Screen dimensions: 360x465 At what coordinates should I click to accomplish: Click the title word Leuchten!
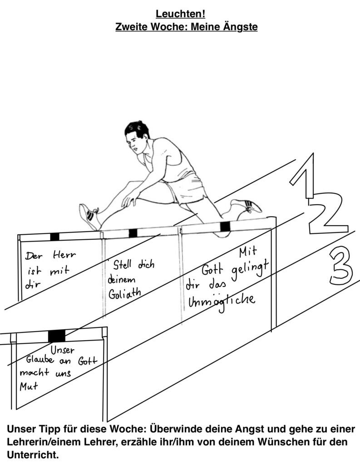(x=180, y=14)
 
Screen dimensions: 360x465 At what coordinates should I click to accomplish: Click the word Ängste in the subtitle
(x=240, y=27)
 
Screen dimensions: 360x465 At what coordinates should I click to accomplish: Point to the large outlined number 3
(x=341, y=265)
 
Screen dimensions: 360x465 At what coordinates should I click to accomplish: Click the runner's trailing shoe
(x=246, y=206)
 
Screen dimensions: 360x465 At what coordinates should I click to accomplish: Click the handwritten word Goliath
(x=124, y=293)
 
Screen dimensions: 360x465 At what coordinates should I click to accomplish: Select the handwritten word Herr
(x=64, y=255)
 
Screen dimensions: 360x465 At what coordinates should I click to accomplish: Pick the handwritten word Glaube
(x=40, y=360)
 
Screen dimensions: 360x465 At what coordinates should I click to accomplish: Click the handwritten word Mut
(x=29, y=386)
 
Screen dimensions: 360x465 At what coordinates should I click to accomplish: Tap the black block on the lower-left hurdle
(x=56, y=336)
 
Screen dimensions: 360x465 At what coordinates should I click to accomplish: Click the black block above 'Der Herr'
(x=54, y=237)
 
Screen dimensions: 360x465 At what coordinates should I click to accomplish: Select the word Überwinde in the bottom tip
(x=177, y=429)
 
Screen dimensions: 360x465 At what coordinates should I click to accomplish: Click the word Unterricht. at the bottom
(x=33, y=455)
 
